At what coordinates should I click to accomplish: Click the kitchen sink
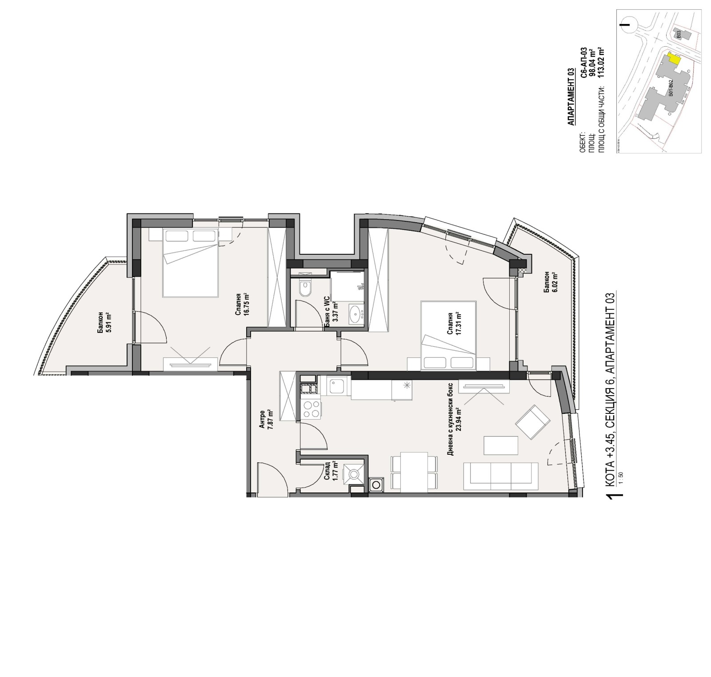(338, 386)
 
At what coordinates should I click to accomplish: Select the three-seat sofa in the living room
(500, 474)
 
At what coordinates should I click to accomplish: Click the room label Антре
(262, 419)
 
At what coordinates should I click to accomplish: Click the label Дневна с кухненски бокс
(450, 419)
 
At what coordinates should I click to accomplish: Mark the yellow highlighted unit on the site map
(675, 59)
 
